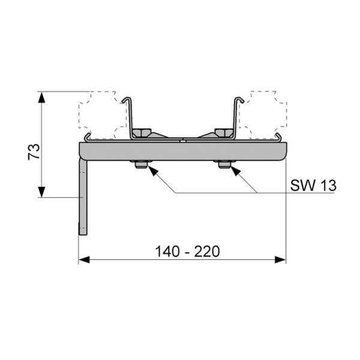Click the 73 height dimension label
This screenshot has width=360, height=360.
[x=34, y=152]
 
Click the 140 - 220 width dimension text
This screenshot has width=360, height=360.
[x=187, y=251]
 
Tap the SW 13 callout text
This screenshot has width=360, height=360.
[x=313, y=185]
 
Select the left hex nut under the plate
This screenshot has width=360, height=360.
[x=141, y=164]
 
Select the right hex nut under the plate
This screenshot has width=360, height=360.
[x=224, y=164]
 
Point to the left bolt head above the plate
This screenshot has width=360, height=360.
[x=142, y=133]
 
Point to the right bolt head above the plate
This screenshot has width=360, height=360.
[x=223, y=133]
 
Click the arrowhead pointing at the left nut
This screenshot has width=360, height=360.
[x=153, y=170]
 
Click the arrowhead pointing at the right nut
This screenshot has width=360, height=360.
[x=236, y=170]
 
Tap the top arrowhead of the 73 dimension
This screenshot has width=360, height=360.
[x=41, y=97]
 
